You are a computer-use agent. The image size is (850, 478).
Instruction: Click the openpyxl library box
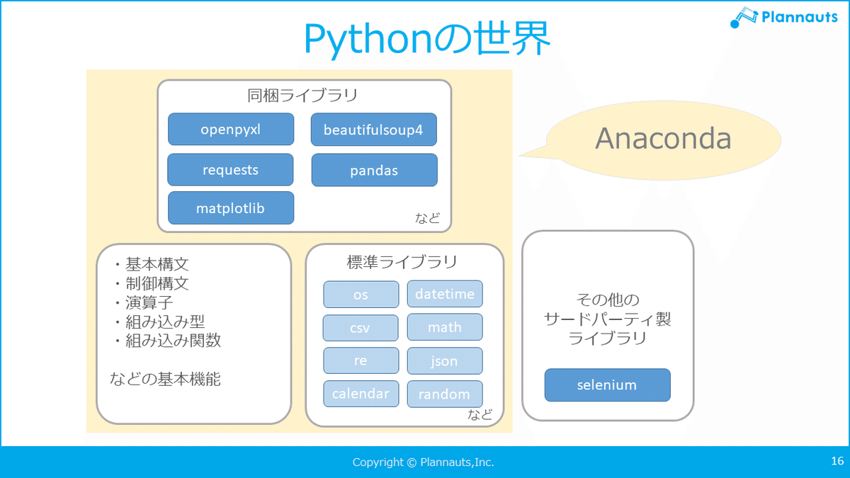coord(231,129)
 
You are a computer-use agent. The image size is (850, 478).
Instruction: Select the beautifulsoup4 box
coord(374,130)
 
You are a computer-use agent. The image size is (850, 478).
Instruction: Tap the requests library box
coord(230,169)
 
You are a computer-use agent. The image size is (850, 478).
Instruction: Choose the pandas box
coord(374,170)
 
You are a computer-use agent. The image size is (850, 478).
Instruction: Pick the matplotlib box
coord(231,208)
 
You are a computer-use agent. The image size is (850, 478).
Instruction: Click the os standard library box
coord(361,295)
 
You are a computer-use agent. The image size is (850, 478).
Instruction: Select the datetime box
coord(445,294)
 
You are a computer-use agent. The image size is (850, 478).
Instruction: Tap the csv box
coord(361,328)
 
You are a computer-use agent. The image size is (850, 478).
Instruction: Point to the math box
coord(445,327)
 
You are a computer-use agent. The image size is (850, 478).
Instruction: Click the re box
coord(361,360)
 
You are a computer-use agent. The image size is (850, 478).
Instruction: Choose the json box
coord(445,360)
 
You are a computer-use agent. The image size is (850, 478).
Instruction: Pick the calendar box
coord(361,394)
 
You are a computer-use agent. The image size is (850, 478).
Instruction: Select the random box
coord(445,394)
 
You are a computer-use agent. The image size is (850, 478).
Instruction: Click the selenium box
coord(607,385)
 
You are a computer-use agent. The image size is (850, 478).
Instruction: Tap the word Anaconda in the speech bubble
coord(663,139)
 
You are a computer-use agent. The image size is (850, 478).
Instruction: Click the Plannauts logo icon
coord(743,17)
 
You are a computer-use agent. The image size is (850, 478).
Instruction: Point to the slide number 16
coord(837,461)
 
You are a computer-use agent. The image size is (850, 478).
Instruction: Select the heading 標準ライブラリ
coord(402,262)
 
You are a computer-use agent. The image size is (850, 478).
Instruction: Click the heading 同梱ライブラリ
coord(302,95)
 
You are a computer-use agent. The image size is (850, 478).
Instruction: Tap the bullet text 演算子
coord(149,302)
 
